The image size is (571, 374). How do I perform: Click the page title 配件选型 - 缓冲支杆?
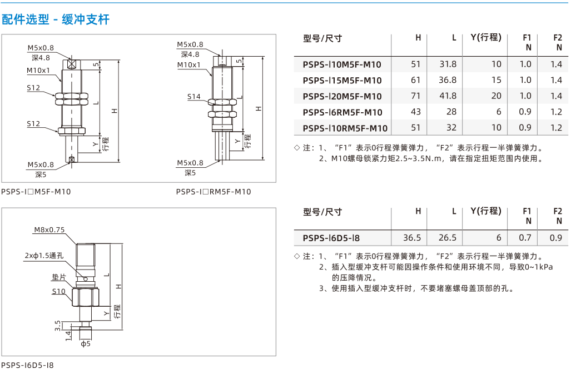[x=56, y=19]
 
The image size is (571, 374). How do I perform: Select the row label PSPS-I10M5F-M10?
[x=342, y=65]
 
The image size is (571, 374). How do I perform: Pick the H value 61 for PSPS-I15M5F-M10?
[x=415, y=80]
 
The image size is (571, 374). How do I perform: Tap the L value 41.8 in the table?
[x=448, y=96]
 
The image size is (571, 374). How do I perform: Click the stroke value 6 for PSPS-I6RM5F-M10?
[x=499, y=112]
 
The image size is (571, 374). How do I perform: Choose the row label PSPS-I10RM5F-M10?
[x=345, y=128]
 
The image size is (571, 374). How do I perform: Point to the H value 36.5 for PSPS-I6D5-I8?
[x=412, y=238]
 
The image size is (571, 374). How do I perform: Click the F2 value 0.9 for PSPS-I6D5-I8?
[x=555, y=238]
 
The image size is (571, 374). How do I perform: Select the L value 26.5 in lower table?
[x=448, y=238]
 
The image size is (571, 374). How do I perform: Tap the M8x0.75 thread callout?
[x=49, y=230]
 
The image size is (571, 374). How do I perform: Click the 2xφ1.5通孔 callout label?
[x=44, y=256]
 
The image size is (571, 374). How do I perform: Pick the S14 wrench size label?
[x=193, y=97]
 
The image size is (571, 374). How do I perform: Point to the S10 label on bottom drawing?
[x=58, y=291]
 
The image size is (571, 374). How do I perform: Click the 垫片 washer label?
[x=58, y=277]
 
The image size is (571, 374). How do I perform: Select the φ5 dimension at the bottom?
[x=86, y=343]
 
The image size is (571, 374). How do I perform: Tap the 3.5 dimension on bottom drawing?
[x=57, y=326]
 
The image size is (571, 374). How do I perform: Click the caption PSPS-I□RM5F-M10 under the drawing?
[x=213, y=192]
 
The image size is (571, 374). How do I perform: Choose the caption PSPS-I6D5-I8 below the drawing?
[x=27, y=365]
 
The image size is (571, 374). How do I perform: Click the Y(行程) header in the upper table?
[x=486, y=38]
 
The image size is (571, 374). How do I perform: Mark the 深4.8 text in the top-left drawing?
[x=41, y=58]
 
